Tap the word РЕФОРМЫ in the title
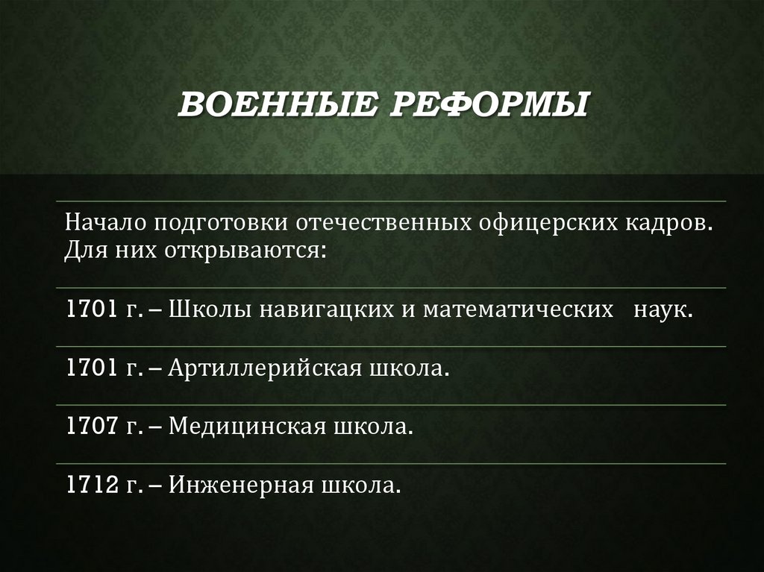pyautogui.click(x=489, y=106)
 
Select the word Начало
pyautogui.click(x=104, y=223)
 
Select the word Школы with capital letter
pyautogui.click(x=210, y=309)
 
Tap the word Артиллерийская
pyautogui.click(x=266, y=368)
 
